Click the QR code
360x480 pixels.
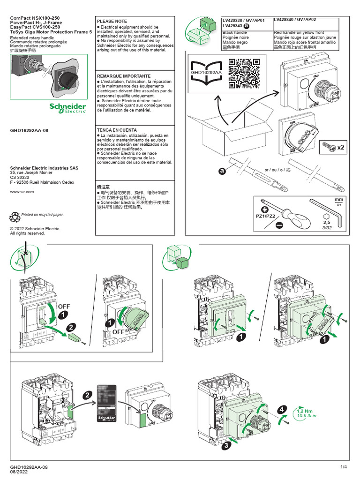click(x=244, y=73)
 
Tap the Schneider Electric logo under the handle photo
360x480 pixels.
click(x=68, y=107)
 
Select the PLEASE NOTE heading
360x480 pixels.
click(x=112, y=22)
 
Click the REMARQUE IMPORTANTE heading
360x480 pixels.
click(x=124, y=76)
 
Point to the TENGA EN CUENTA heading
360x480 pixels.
click(x=117, y=130)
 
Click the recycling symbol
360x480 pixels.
click(x=15, y=217)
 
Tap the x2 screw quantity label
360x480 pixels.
click(x=340, y=148)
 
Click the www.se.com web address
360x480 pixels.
click(x=22, y=192)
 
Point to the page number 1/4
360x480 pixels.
click(x=344, y=467)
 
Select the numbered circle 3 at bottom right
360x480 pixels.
click(x=226, y=446)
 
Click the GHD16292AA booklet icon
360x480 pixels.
click(x=205, y=74)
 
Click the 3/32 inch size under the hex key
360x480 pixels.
click(x=327, y=227)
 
